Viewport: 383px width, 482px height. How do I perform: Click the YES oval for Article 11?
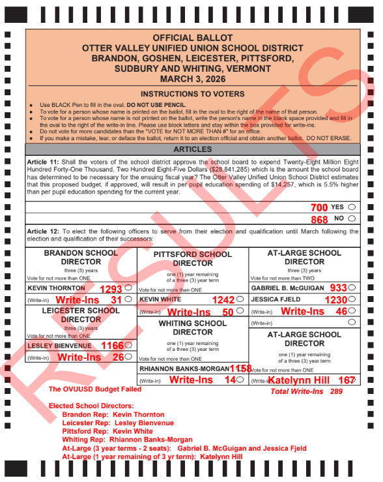(x=352, y=207)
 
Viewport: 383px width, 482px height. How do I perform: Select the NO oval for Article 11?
(x=352, y=220)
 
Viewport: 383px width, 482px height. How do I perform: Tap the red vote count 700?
(x=319, y=207)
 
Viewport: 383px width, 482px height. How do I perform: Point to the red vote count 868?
(x=319, y=220)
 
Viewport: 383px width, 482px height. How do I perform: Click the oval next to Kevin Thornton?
(x=128, y=288)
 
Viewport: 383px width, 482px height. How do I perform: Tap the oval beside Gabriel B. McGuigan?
(x=352, y=288)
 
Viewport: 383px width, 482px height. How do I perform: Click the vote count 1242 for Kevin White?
(x=223, y=299)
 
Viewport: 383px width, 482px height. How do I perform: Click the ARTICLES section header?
(x=191, y=149)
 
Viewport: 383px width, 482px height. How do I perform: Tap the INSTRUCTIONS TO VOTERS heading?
(x=191, y=94)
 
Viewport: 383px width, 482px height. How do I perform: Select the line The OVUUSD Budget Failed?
(x=95, y=389)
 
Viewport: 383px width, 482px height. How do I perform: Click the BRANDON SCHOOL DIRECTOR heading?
(x=81, y=257)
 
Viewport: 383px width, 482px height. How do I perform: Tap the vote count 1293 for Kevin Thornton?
(x=111, y=288)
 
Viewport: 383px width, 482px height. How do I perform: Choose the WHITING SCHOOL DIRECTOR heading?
(x=193, y=327)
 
